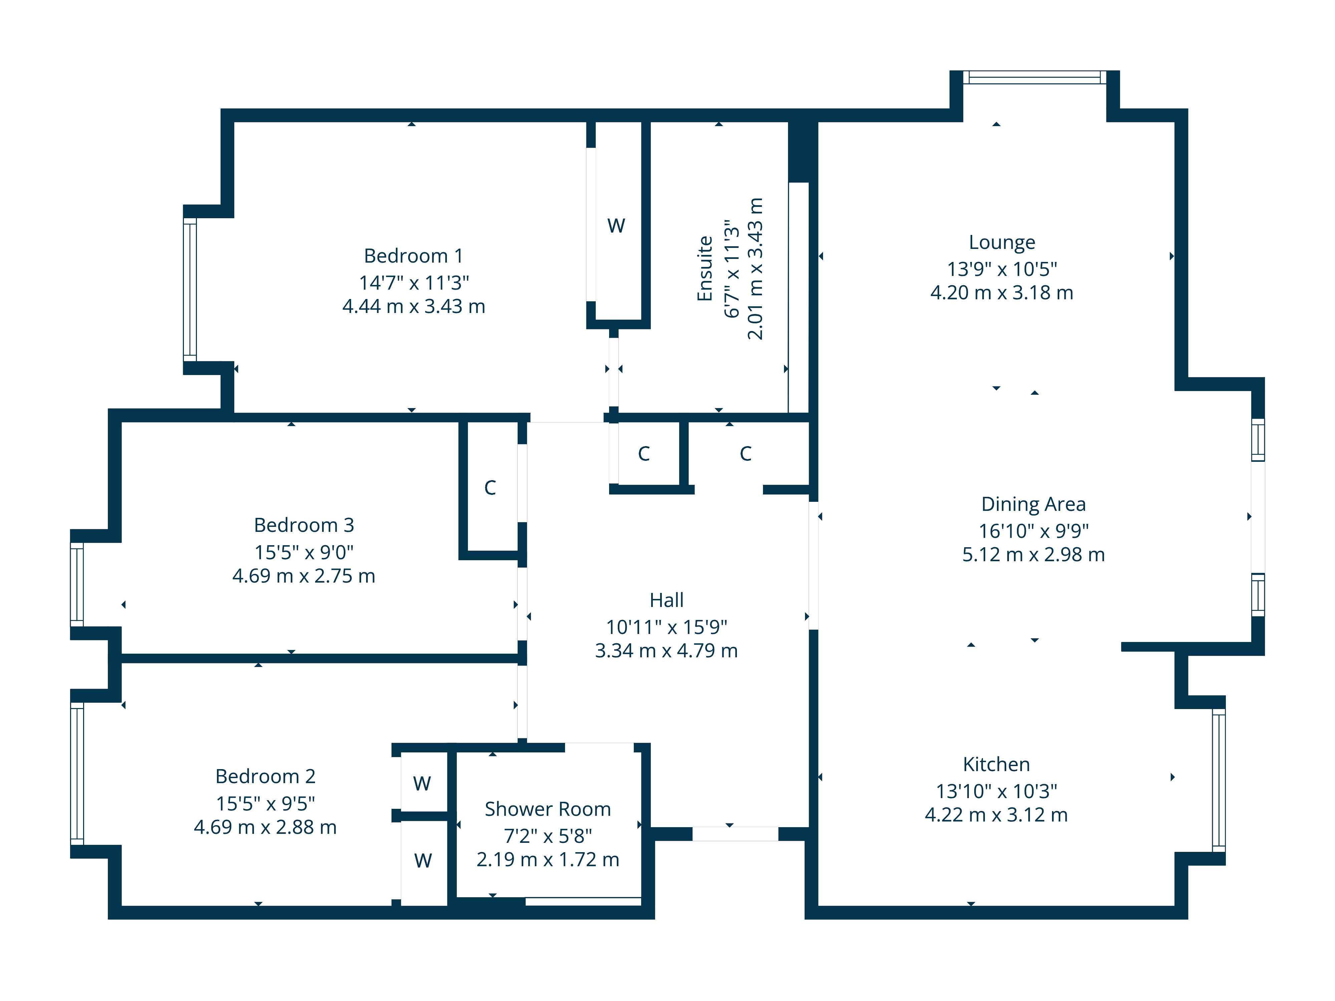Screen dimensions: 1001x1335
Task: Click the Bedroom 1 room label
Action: (414, 256)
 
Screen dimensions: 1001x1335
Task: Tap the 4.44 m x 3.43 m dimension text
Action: (414, 307)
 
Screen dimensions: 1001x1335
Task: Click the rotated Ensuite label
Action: (705, 269)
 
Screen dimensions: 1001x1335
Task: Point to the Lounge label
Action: (1002, 242)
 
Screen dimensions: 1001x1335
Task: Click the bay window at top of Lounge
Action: (1034, 77)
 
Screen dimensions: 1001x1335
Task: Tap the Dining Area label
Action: (1033, 504)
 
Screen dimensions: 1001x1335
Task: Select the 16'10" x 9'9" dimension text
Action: (1033, 531)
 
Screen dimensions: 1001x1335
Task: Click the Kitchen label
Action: (997, 764)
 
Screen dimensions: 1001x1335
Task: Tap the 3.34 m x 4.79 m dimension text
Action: (666, 650)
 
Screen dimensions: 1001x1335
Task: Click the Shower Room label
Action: (547, 809)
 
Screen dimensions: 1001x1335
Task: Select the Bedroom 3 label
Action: (304, 525)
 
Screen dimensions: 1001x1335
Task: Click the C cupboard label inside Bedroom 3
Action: (490, 487)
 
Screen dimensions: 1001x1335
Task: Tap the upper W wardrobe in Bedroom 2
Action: (422, 783)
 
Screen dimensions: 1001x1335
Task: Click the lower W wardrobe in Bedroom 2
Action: (423, 861)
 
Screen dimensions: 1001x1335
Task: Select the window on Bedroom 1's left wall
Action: (190, 290)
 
